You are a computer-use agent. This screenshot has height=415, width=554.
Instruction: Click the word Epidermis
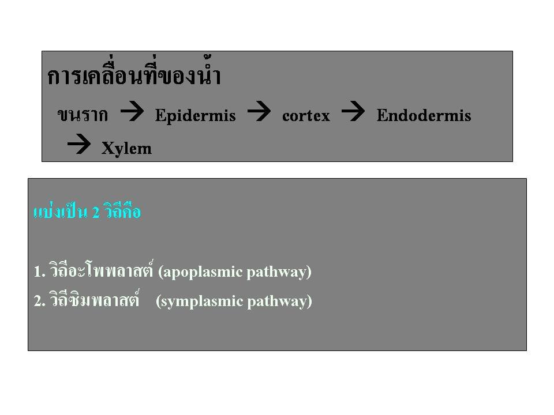click(x=196, y=116)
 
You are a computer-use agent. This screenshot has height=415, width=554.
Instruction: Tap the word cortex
click(x=306, y=116)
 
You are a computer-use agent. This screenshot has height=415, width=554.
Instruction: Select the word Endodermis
click(x=424, y=115)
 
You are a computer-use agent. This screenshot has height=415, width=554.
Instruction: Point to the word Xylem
click(x=126, y=149)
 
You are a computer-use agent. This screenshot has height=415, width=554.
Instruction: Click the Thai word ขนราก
click(x=83, y=115)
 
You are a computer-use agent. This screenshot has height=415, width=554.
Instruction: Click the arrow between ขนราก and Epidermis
click(x=132, y=111)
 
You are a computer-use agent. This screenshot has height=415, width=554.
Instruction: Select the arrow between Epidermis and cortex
click(x=259, y=111)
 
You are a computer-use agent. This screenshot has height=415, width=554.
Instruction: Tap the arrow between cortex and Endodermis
click(x=353, y=111)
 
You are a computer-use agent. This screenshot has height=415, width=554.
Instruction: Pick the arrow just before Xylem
click(x=79, y=144)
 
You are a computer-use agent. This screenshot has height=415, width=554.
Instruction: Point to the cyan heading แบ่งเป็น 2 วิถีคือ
click(x=87, y=212)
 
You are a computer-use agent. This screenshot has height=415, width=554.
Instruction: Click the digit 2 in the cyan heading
click(x=96, y=213)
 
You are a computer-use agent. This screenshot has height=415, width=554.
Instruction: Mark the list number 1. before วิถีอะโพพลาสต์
click(x=40, y=271)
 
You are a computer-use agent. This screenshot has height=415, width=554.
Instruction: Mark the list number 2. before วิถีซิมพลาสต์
click(x=40, y=301)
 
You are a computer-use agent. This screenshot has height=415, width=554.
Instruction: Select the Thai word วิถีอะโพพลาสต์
click(x=102, y=269)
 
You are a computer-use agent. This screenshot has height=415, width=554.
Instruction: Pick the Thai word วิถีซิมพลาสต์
click(x=94, y=299)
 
